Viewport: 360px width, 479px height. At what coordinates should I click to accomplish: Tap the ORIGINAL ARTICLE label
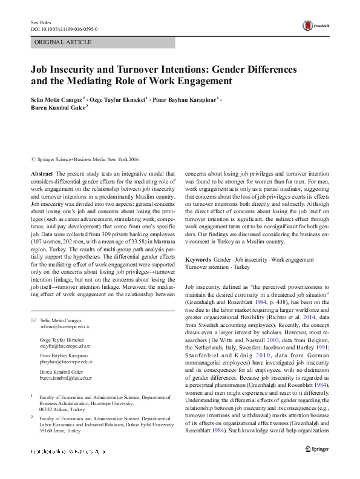point(63,42)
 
